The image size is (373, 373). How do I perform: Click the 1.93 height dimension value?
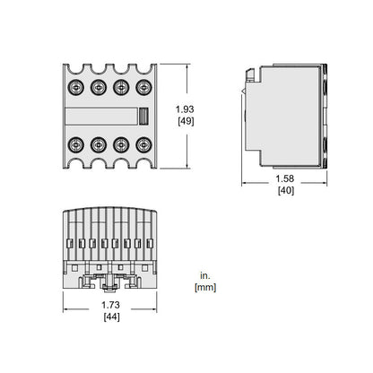coord(185,109)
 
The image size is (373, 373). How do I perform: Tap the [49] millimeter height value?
coord(186,121)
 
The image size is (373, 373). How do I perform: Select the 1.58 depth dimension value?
coord(284,178)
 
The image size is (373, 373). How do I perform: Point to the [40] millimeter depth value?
coord(286,190)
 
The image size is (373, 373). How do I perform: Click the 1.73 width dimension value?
coord(110,305)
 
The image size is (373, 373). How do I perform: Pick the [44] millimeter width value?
coord(111,317)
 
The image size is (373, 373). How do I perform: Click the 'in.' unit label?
coord(205,276)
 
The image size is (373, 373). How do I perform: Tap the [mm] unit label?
coord(205,288)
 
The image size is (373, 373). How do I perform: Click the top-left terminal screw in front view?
coord(75,87)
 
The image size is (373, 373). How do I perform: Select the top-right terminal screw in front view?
coord(143,87)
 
